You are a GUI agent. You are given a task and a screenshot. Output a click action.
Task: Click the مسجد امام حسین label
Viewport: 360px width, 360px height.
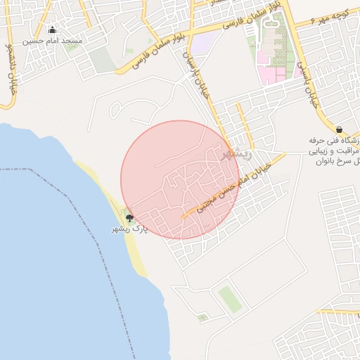(x=53, y=41)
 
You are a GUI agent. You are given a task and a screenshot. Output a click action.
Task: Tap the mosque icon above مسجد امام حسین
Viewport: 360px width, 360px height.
(x=52, y=30)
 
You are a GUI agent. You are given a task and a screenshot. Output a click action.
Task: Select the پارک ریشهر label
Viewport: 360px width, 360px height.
(x=131, y=230)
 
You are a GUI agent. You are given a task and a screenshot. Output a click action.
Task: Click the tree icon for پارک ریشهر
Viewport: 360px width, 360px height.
(x=129, y=219)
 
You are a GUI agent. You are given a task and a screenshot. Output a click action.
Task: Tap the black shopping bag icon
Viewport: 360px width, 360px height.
(x=340, y=129)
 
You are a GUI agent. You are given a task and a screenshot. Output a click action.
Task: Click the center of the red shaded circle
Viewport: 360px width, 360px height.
(x=180, y=179)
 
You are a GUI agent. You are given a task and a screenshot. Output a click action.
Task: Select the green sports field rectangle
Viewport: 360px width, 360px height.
(x=229, y=298)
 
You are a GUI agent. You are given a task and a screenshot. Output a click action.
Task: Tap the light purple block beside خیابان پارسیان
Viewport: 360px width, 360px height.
(x=202, y=44)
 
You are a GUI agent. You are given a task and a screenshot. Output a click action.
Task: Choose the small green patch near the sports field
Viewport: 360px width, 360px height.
(x=202, y=318)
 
